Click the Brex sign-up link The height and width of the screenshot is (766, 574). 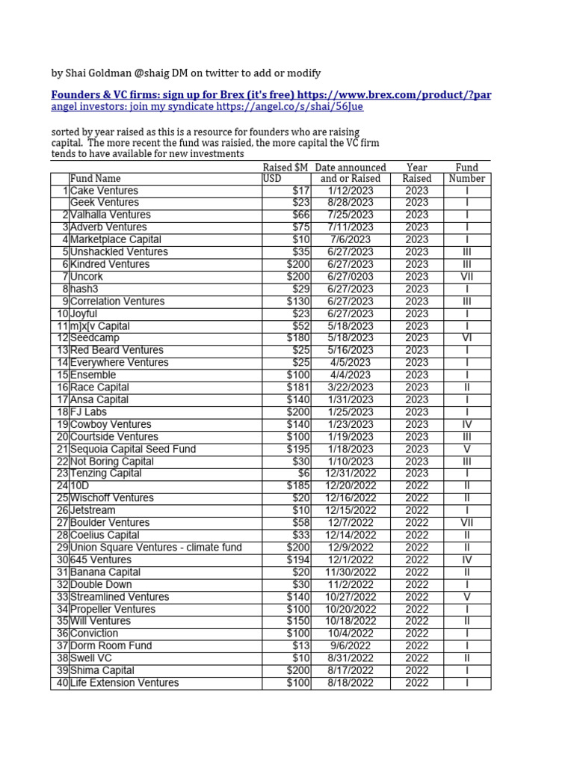[x=271, y=95]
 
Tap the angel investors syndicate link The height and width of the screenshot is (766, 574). [x=207, y=107]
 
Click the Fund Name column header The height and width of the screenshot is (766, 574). [x=95, y=179]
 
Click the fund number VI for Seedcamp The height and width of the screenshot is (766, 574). [x=466, y=338]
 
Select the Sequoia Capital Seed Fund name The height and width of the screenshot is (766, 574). [x=133, y=449]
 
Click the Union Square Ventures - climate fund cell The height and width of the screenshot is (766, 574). [x=155, y=548]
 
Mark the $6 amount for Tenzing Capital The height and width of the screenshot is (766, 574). [x=303, y=474]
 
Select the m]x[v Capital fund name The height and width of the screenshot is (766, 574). [x=100, y=326]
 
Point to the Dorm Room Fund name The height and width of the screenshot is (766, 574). [x=111, y=646]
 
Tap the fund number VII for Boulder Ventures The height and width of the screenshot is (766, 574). [x=466, y=523]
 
